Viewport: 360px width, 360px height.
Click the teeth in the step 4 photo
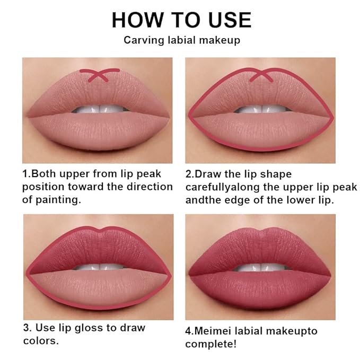point(260,267)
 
